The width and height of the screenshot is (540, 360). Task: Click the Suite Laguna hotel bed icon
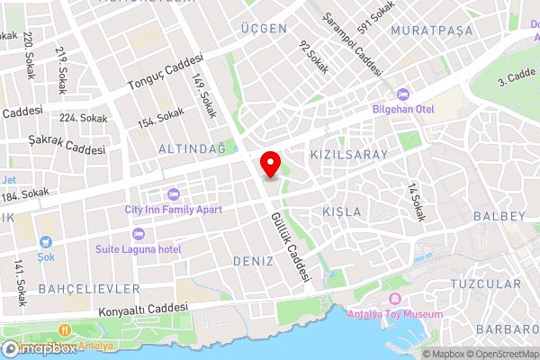pos(139,233)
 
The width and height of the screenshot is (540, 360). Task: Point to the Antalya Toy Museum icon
pos(393,300)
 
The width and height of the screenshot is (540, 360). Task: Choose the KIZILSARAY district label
pos(348,155)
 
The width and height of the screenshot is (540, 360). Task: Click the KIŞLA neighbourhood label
pos(341,211)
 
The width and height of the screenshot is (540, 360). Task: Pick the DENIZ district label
pos(251,260)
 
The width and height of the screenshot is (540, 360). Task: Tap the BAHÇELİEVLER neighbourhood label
pos(89,288)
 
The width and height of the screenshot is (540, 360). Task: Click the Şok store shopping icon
pos(45,242)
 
